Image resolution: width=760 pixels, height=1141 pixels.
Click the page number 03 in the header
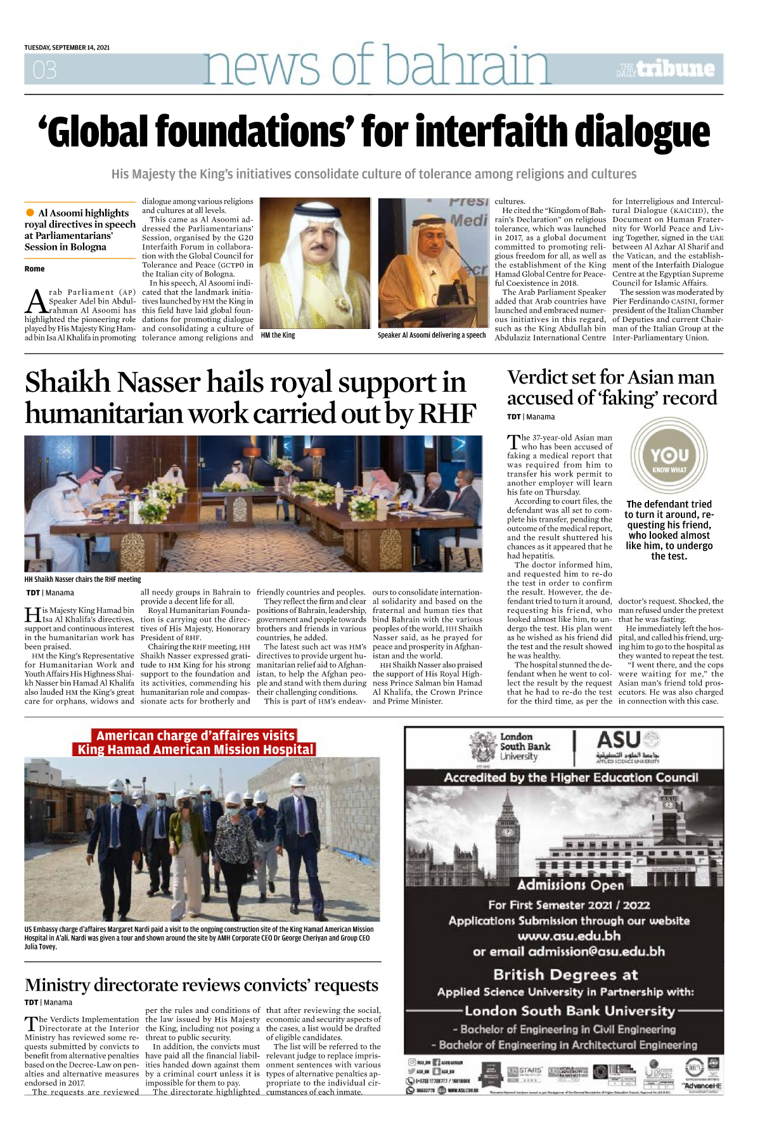pyautogui.click(x=45, y=69)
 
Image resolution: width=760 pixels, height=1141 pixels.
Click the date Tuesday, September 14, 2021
pyautogui.click(x=67, y=48)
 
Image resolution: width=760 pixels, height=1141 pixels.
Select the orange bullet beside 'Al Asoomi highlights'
pyautogui.click(x=30, y=212)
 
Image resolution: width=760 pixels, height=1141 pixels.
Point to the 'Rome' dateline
pyautogui.click(x=35, y=269)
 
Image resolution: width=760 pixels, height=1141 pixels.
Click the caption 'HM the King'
pyautogui.click(x=278, y=335)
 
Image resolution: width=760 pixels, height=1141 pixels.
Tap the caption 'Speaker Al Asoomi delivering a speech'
pyautogui.click(x=432, y=335)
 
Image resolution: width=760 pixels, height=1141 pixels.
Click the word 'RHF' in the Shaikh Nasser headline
pyautogui.click(x=446, y=413)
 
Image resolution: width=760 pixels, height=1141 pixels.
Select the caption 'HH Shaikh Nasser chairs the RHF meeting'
pyautogui.click(x=82, y=579)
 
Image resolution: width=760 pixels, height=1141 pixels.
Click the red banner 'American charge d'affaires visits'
pyautogui.click(x=195, y=735)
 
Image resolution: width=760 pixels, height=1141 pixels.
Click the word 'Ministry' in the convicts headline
pyautogui.click(x=57, y=985)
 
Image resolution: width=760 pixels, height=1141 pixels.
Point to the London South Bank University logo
pyautogui.click(x=513, y=747)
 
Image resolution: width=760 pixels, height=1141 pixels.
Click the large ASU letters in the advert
pyautogui.click(x=619, y=740)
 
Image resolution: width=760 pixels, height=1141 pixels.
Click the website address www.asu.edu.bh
pyautogui.click(x=569, y=936)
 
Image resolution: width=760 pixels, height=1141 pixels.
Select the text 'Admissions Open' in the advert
pyautogui.click(x=570, y=885)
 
